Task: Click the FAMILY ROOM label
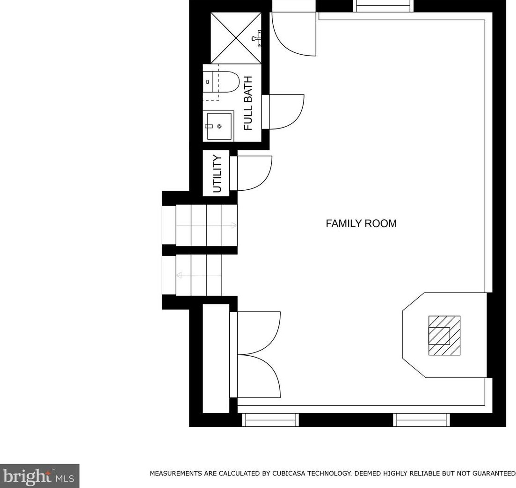point(361,223)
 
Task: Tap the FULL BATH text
point(248,103)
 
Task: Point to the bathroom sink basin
point(219,126)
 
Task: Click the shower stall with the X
point(236,37)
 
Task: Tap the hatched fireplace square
point(444,336)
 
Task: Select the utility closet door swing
point(253,173)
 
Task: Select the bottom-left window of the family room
point(270,420)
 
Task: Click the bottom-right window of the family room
point(422,420)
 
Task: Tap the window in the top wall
point(383,6)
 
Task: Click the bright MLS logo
point(39,476)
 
